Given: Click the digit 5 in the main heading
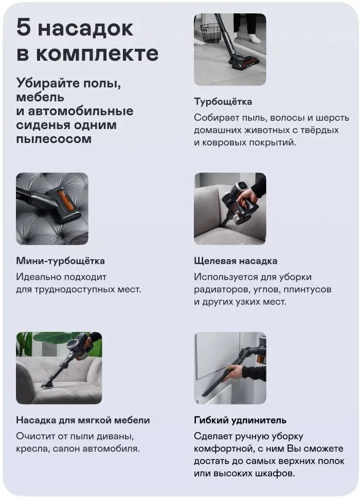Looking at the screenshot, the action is coord(24,27).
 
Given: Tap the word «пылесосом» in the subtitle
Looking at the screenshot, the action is coord(53,139).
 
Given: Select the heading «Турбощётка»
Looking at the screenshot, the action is coord(223,102).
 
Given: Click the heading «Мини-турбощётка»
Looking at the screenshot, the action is coord(60,261).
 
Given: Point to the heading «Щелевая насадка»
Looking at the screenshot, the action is coord(236,261).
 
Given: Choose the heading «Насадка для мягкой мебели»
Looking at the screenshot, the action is coord(83,420).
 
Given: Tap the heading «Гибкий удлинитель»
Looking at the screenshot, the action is coord(240,420).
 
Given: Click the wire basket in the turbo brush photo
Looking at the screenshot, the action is coord(210,32).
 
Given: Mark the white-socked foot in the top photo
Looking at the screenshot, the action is coord(254,38).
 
